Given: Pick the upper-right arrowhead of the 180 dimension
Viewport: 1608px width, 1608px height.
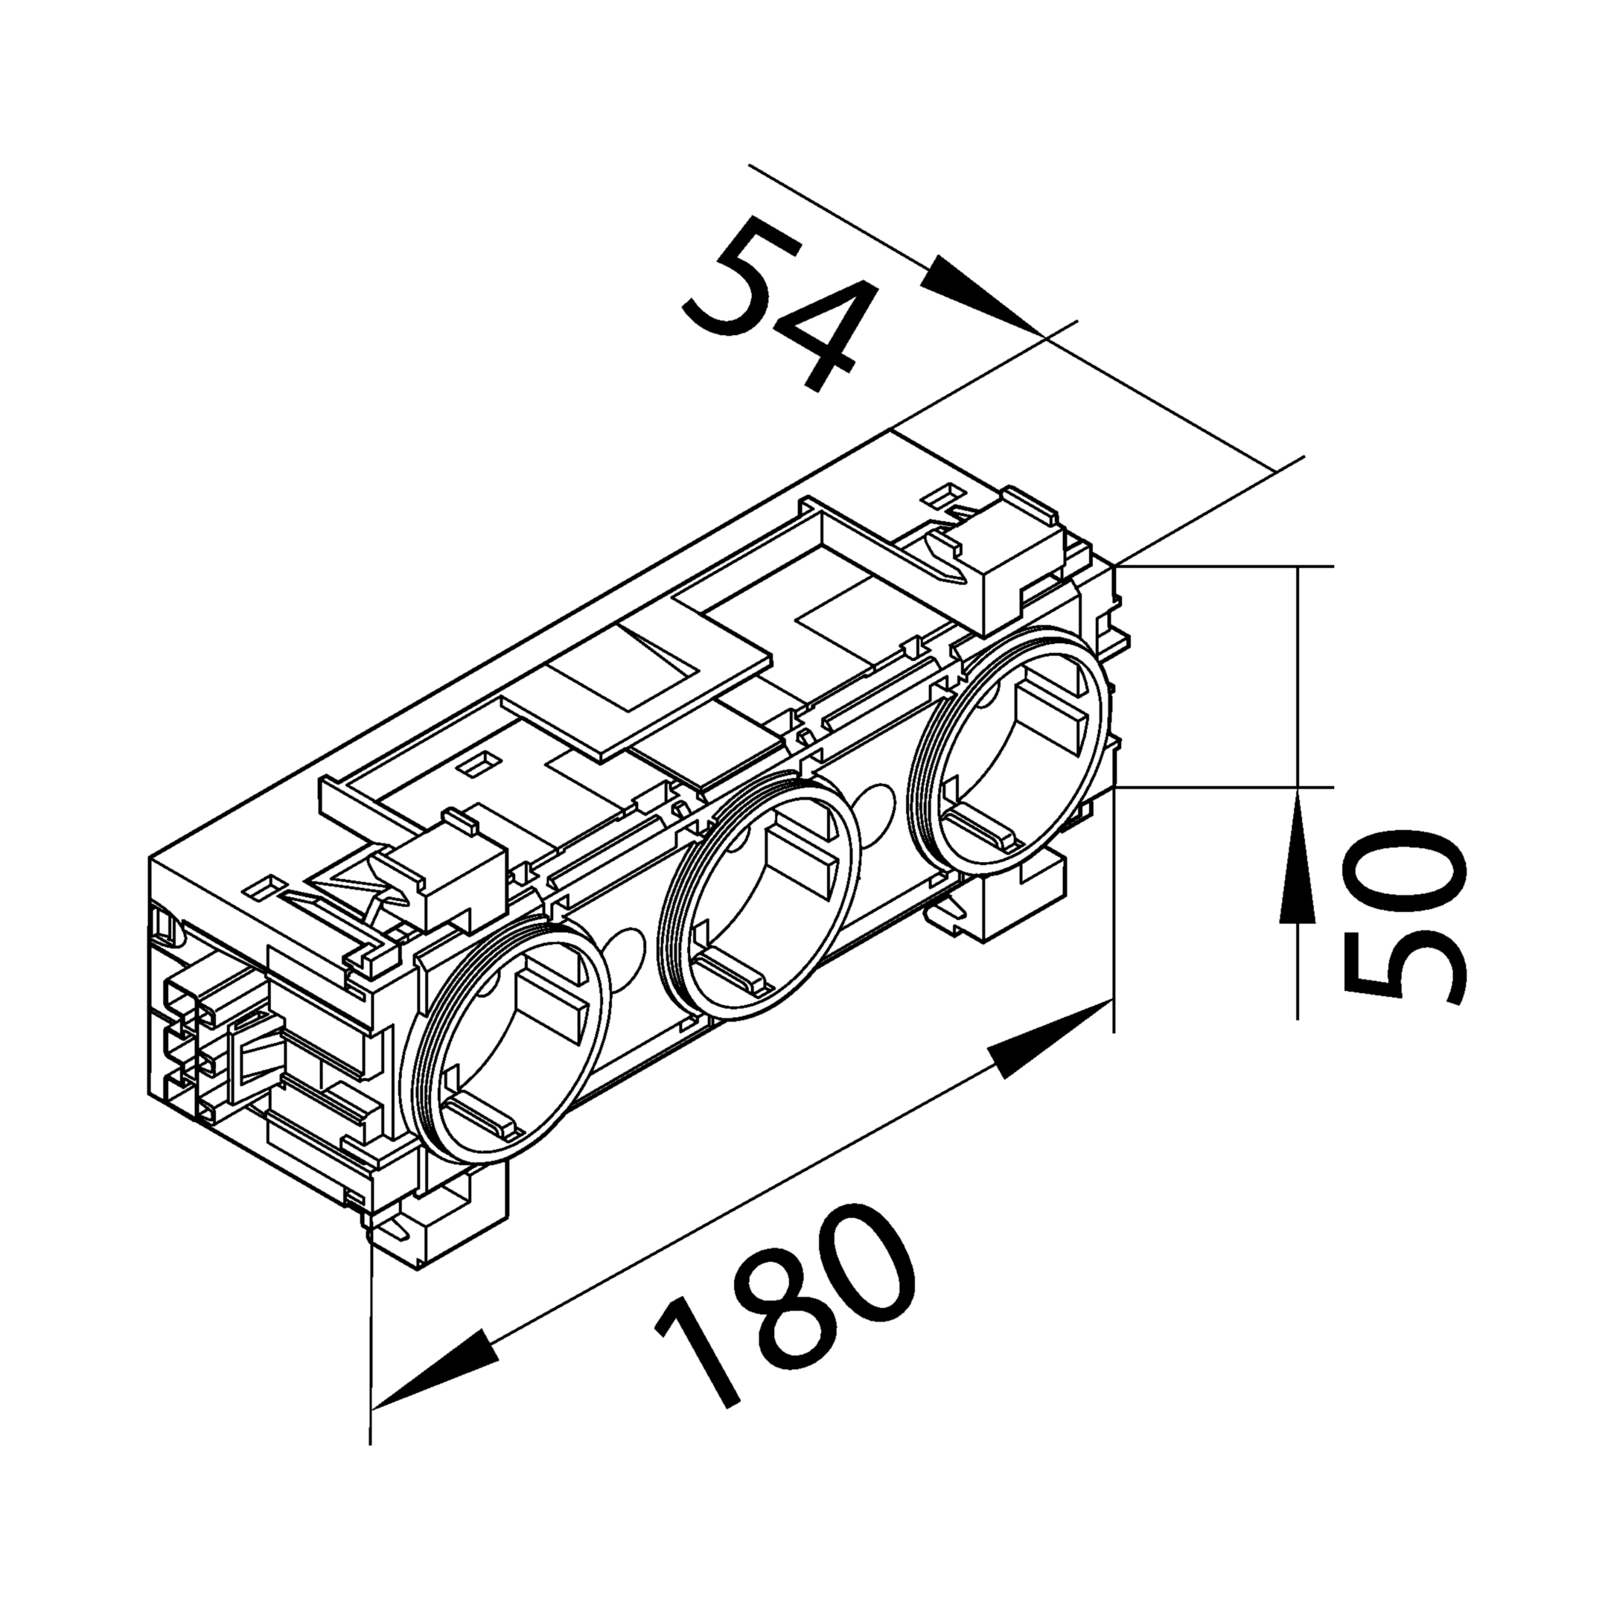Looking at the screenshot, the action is [x=1050, y=1041].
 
